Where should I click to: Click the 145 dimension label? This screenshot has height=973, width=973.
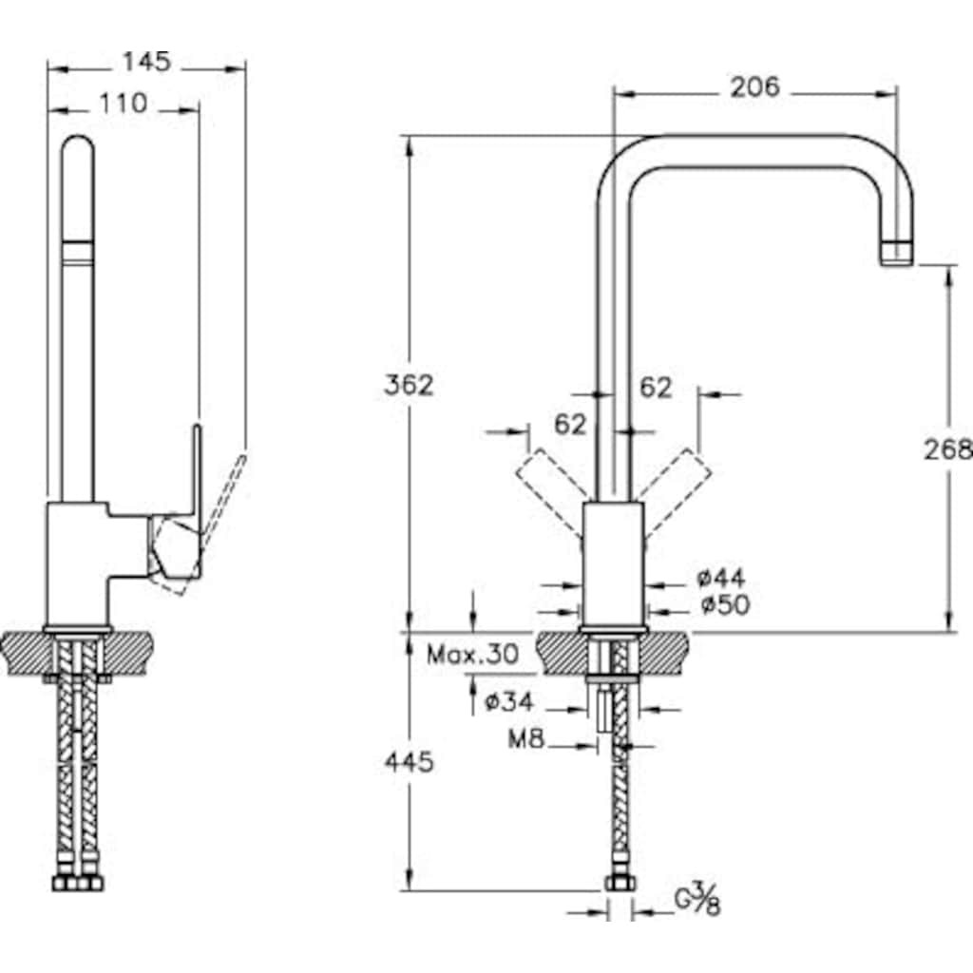[x=146, y=62]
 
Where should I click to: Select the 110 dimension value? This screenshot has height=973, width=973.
[x=124, y=103]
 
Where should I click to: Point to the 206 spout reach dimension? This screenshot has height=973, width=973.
[x=754, y=87]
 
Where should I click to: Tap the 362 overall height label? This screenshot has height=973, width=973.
[x=409, y=386]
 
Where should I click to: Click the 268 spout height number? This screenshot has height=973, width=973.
[x=947, y=449]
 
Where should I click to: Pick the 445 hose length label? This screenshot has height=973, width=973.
[x=409, y=761]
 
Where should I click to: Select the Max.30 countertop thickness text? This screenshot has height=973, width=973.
[x=473, y=654]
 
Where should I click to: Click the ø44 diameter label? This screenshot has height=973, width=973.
[x=720, y=579]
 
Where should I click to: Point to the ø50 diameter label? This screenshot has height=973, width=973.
[x=725, y=604]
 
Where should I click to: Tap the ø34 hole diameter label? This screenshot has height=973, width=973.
[x=509, y=702]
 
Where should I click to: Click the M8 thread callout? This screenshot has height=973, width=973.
[x=526, y=738]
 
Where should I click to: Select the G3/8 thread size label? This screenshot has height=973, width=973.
[x=698, y=903]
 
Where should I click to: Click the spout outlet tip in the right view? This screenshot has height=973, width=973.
[x=897, y=254]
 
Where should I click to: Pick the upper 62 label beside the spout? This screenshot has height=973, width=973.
[x=657, y=388]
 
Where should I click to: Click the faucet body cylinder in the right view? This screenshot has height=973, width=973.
[x=614, y=563]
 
